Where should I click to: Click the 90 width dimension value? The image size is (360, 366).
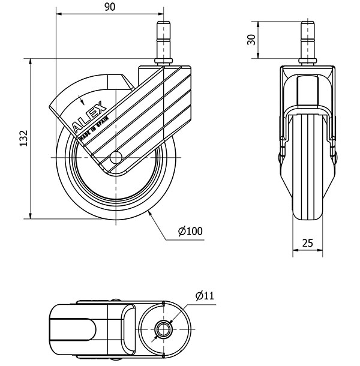109,7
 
